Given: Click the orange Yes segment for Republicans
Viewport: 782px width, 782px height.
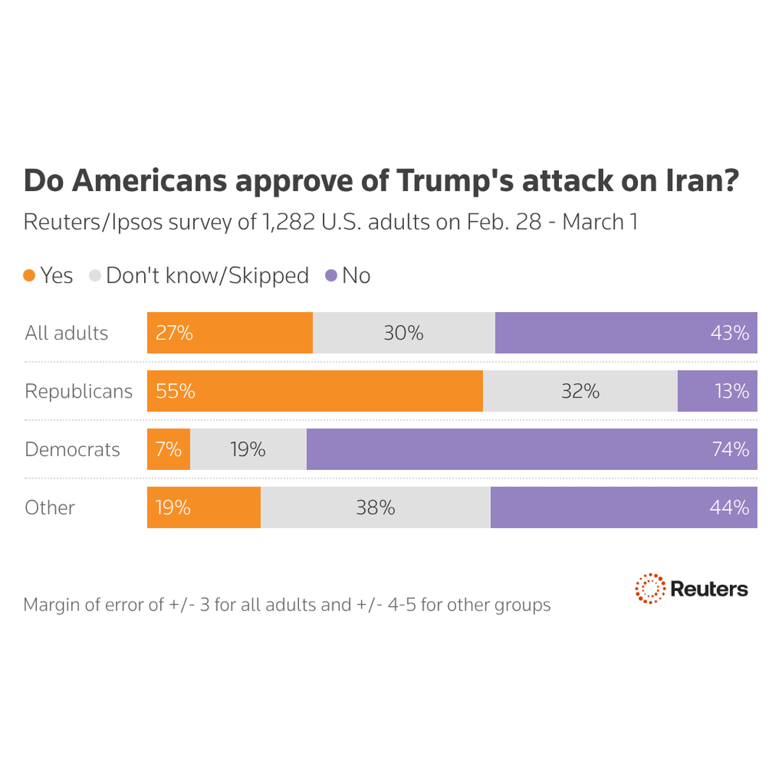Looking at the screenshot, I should [x=315, y=391].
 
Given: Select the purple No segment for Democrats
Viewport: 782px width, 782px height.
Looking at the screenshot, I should [x=531, y=449].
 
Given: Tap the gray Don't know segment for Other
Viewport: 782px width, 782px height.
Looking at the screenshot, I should [x=375, y=508].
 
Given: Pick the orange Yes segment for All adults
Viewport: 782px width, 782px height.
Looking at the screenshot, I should [x=230, y=333].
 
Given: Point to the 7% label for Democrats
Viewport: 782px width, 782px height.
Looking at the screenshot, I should [x=168, y=450].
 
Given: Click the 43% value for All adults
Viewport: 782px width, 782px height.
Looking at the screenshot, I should [x=730, y=333].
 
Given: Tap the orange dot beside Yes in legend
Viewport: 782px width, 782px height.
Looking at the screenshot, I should [x=30, y=275].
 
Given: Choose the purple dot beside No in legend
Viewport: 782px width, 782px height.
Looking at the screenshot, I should [x=331, y=275].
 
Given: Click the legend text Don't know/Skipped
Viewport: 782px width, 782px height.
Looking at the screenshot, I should [x=207, y=276].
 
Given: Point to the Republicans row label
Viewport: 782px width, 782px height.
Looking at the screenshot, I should [x=79, y=392].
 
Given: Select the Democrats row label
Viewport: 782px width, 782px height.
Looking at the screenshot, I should [x=72, y=450].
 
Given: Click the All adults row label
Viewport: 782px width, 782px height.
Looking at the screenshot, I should [x=67, y=333].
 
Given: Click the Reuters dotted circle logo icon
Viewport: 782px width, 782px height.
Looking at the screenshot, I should [x=649, y=588].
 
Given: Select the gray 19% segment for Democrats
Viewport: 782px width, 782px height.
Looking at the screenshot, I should [x=248, y=449].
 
